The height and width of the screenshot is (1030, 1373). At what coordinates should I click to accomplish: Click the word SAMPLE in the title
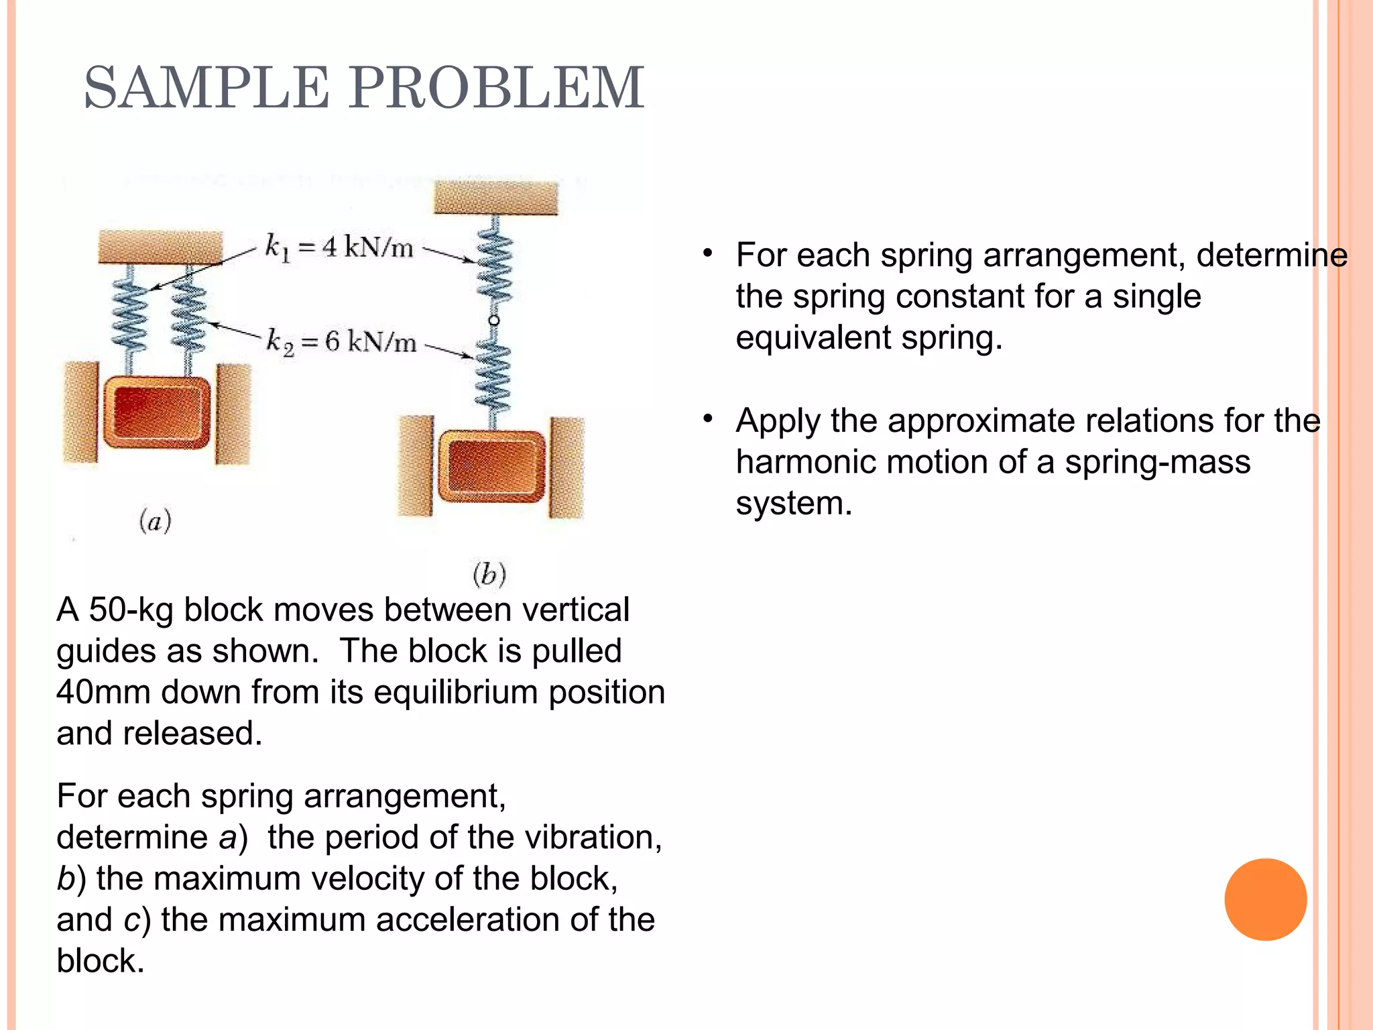206,88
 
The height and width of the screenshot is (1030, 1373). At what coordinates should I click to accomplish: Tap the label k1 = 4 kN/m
339,247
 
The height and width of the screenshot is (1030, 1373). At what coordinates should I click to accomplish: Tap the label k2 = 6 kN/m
341,342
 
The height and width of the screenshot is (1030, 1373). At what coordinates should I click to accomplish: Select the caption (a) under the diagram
156,520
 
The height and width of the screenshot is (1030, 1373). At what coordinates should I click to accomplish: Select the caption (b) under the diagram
489,574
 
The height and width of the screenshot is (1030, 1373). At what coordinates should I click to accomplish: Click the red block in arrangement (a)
157,412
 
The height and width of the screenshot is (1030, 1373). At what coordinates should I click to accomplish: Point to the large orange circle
1265,899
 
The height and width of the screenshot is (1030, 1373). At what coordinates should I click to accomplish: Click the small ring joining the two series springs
494,321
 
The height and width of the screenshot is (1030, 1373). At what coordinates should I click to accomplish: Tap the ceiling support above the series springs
495,198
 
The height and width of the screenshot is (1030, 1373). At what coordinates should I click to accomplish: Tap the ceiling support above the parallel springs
160,247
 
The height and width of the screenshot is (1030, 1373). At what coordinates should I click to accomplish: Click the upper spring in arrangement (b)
495,266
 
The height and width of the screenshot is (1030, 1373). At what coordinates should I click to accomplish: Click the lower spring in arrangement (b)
493,374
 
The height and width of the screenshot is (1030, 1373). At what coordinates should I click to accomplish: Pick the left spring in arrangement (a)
130,315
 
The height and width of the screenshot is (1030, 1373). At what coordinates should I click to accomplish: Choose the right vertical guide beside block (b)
566,467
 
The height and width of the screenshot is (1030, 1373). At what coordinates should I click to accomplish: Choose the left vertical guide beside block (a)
81,412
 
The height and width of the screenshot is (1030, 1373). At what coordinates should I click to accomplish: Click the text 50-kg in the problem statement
131,610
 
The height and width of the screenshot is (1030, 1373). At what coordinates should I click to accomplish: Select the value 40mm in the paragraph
103,692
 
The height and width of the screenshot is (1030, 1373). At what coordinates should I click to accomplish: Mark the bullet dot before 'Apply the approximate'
707,420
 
